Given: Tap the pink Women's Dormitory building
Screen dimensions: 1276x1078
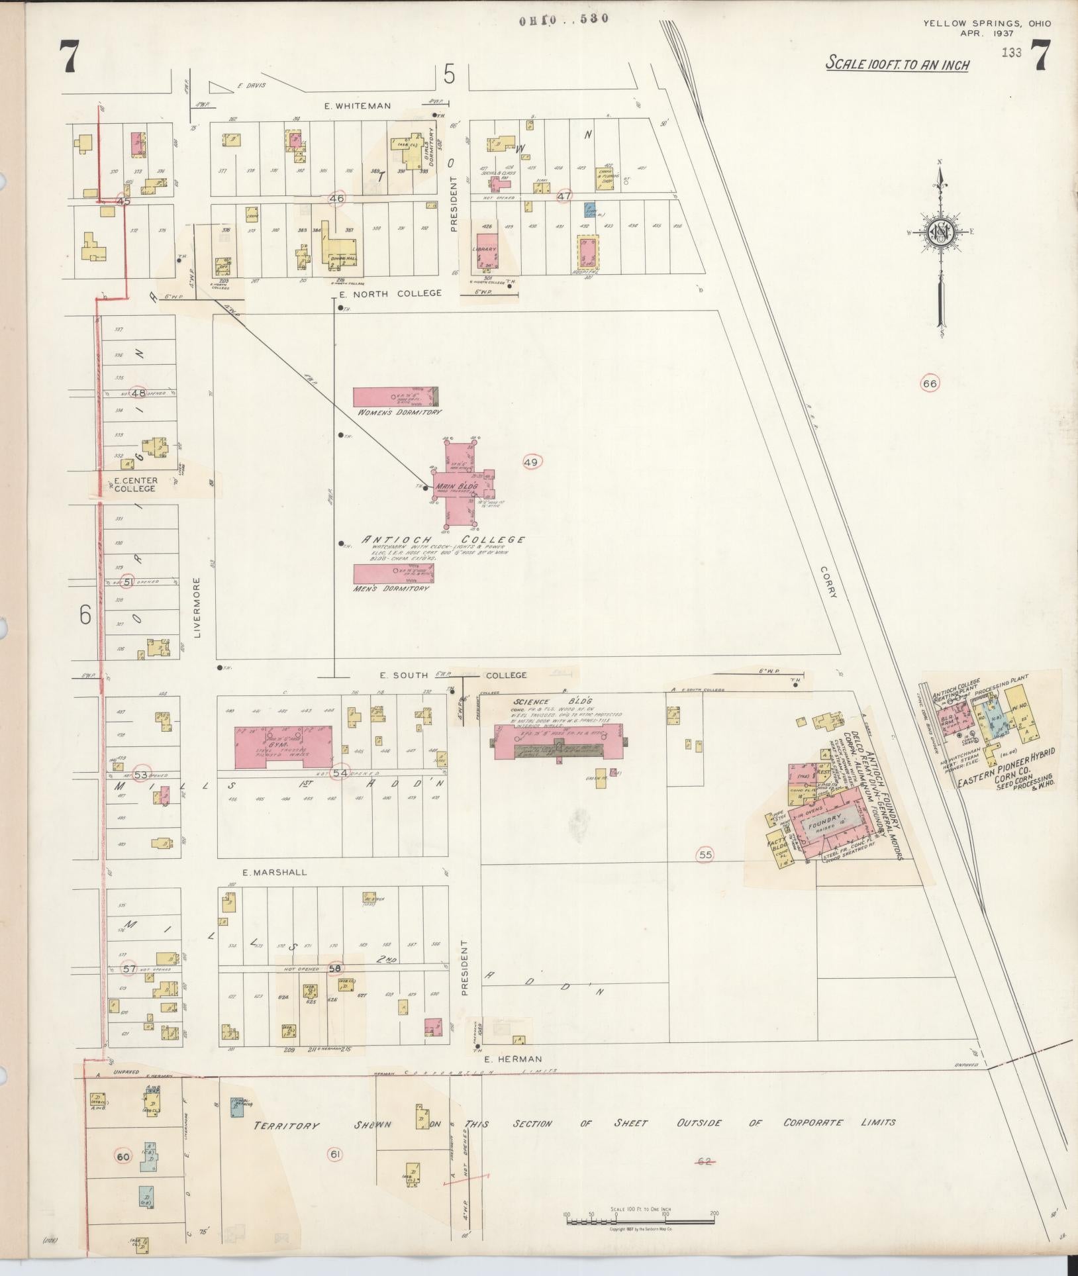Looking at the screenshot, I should tap(395, 397).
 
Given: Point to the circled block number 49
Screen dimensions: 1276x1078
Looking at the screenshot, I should tap(531, 462).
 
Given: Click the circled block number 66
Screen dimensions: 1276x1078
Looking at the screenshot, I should tap(930, 383).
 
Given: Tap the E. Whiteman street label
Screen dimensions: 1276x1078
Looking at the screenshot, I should tap(358, 105).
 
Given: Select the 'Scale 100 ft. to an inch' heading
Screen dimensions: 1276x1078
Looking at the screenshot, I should tap(897, 64).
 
